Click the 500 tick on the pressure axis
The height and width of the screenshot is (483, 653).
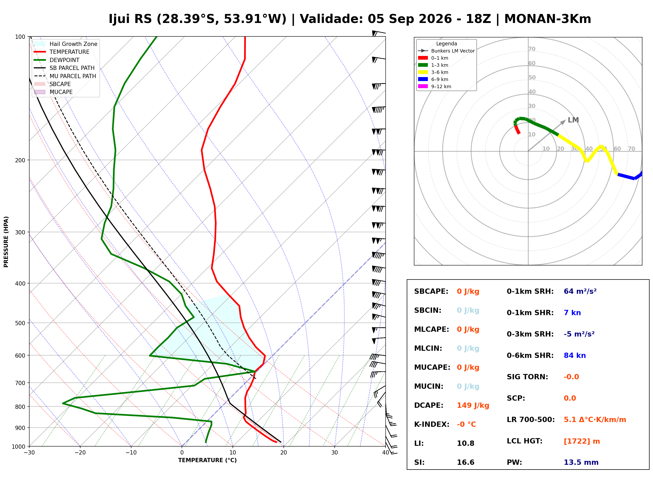coord(20,323)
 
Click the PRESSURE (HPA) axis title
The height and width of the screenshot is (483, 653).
coord(6,242)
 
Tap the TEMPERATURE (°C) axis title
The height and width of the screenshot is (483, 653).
coord(207,460)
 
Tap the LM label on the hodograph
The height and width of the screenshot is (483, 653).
coord(573,120)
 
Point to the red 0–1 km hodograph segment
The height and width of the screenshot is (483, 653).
coord(517,129)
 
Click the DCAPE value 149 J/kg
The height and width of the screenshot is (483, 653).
coord(473,405)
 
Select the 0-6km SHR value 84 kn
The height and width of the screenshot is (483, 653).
coord(575,356)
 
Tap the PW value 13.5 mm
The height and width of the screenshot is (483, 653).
coord(581,462)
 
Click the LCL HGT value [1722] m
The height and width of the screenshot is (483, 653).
coord(582,441)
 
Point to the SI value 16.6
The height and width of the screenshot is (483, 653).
coord(466,462)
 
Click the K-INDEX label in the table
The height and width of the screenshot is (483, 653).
coord(432,424)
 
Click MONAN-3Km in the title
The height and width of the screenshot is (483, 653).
coord(547,19)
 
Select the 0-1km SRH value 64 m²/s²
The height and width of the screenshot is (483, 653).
coord(580,291)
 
